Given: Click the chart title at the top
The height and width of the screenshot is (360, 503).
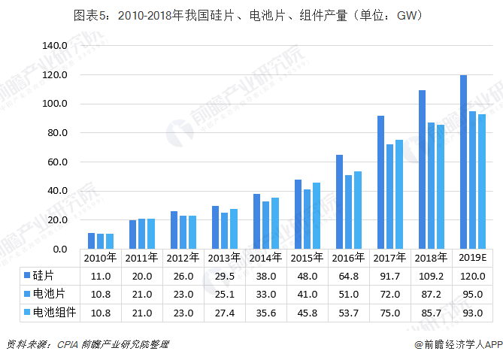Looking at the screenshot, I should (251, 15).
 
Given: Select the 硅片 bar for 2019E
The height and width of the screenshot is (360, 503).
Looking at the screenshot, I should (464, 162).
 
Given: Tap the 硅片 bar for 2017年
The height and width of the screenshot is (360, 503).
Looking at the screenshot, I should (381, 182).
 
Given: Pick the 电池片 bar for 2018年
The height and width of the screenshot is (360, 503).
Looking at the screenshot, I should (432, 186).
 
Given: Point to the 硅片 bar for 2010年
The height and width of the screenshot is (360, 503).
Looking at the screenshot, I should (92, 241).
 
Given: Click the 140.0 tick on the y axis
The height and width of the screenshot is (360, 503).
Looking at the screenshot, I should (55, 46).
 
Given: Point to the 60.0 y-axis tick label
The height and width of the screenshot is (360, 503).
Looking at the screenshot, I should (56, 162).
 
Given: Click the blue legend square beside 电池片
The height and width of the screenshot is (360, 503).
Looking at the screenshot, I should (27, 293).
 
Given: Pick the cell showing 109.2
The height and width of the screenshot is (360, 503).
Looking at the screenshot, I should (432, 275).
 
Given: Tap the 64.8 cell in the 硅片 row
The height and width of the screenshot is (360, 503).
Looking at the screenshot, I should (349, 275).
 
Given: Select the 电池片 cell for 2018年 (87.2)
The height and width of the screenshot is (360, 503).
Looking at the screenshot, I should (432, 293).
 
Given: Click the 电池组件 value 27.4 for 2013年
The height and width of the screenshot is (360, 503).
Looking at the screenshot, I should (225, 311).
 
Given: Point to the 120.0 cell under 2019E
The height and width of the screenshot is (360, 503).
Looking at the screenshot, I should (474, 275).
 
